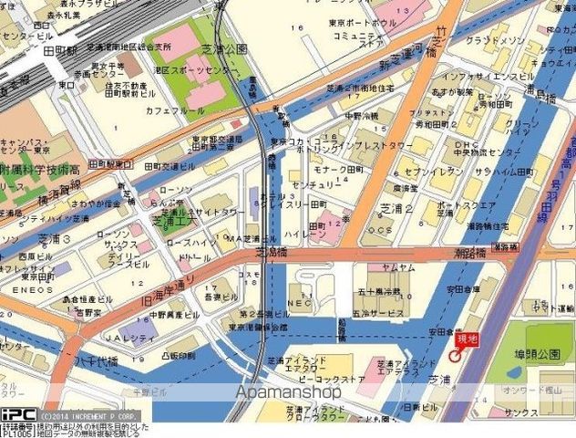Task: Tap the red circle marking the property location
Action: click(x=454, y=354)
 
